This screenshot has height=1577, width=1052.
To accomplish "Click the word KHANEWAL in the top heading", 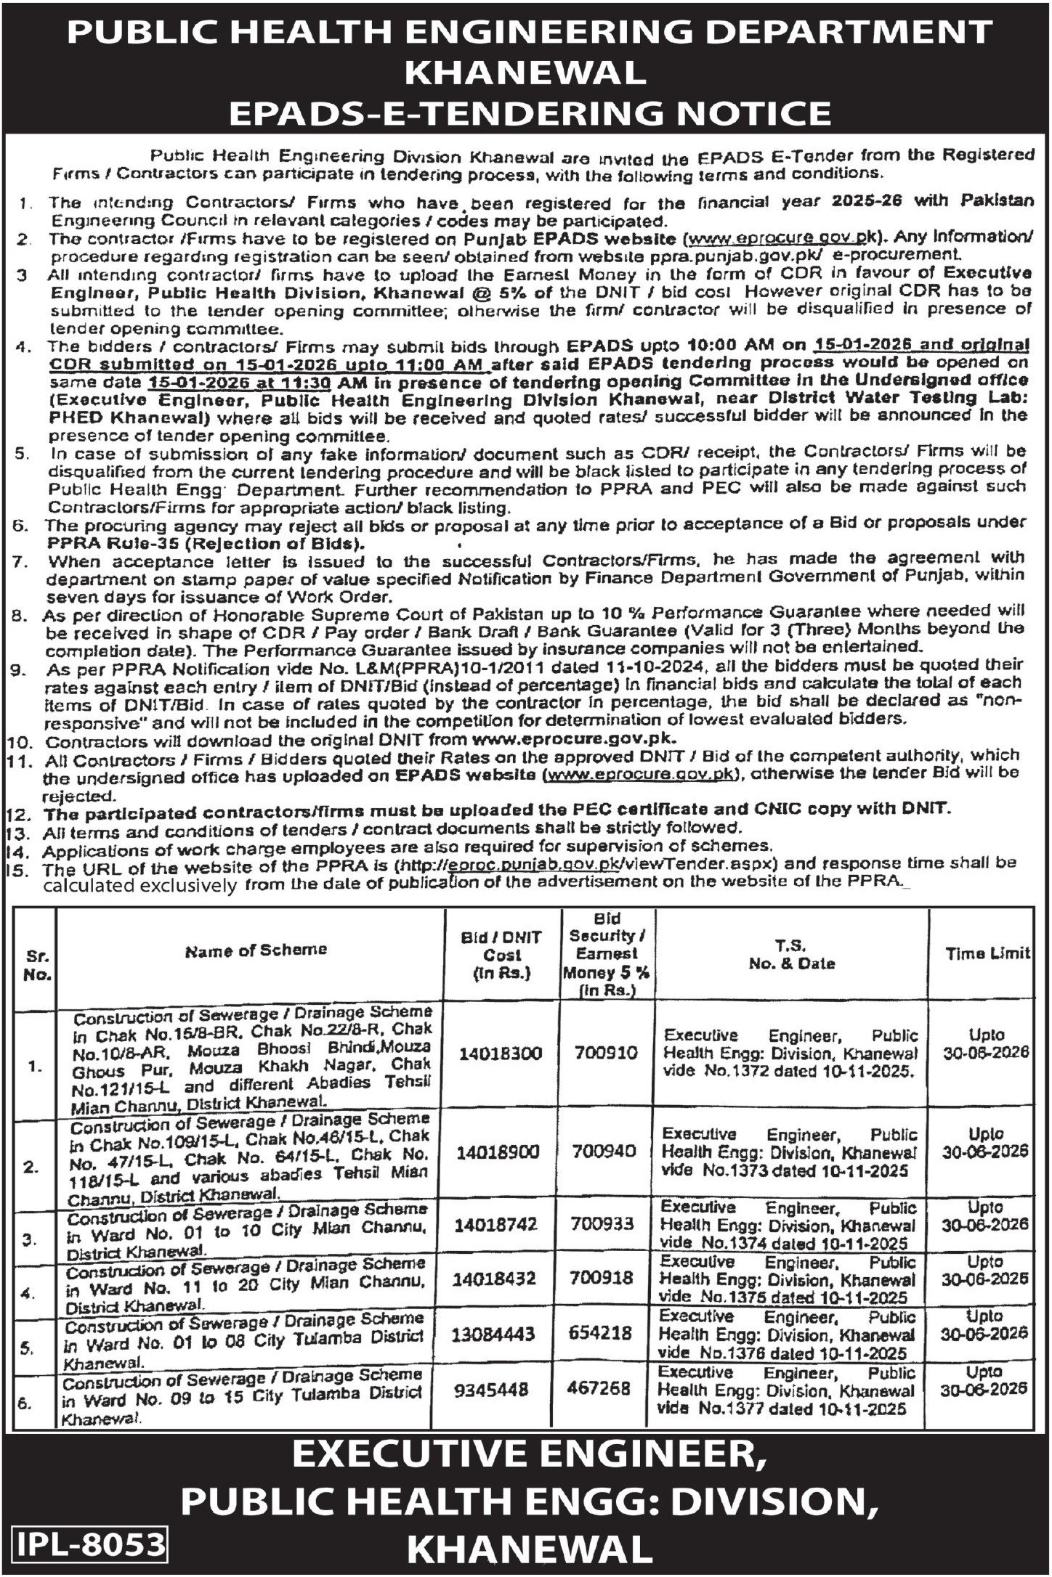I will pyautogui.click(x=525, y=73).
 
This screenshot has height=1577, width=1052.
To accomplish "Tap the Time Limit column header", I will pyautogui.click(x=987, y=953).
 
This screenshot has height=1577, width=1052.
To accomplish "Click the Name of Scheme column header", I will pyautogui.click(x=256, y=950).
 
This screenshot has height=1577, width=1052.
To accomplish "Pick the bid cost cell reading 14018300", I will pyautogui.click(x=501, y=1053).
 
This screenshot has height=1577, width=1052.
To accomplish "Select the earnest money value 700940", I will pyautogui.click(x=604, y=1152).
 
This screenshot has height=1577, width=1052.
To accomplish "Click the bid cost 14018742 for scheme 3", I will pyautogui.click(x=496, y=1224).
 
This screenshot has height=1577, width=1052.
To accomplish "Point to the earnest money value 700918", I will pyautogui.click(x=602, y=1277).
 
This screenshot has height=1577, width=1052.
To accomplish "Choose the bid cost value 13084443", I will pyautogui.click(x=493, y=1334).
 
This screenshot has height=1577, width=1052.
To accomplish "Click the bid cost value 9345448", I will pyautogui.click(x=491, y=1389).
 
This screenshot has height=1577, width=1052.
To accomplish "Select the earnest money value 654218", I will pyautogui.click(x=602, y=1334).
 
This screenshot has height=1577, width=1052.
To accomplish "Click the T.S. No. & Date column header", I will pyautogui.click(x=791, y=954).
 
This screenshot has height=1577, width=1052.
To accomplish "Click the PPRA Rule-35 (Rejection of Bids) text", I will pyautogui.click(x=206, y=542).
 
